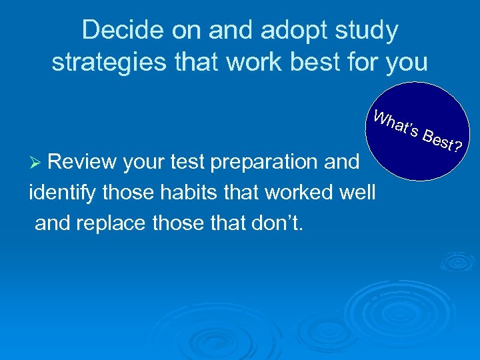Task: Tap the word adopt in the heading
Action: click(273, 31)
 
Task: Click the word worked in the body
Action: click(300, 193)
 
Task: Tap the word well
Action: click(359, 193)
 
